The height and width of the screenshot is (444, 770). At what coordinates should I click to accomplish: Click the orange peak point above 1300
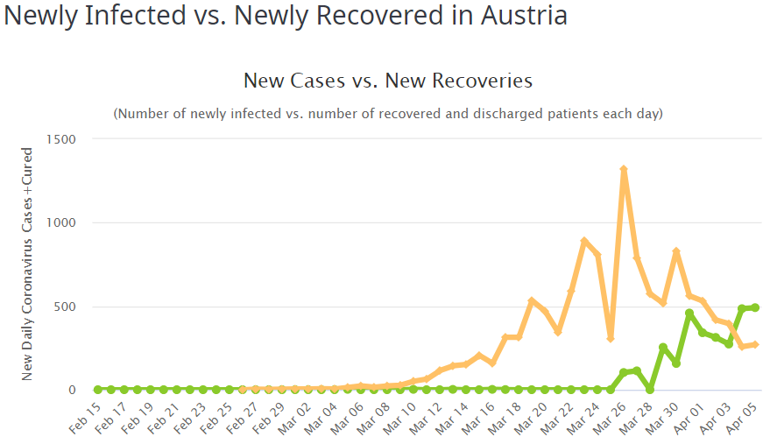[624, 169]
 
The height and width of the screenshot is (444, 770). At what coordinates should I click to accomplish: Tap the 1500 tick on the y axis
[60, 139]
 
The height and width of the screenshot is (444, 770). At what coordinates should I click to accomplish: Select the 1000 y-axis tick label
[60, 222]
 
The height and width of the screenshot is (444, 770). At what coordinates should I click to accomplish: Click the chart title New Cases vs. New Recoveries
[387, 81]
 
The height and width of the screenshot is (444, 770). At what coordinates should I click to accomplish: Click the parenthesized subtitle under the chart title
[387, 114]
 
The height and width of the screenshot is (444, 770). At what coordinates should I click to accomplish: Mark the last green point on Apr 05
[755, 307]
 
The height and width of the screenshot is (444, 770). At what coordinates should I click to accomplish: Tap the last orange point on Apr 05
[755, 344]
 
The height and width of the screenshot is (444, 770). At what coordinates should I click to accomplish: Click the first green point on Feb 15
[98, 390]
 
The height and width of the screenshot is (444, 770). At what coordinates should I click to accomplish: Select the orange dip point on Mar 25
[611, 338]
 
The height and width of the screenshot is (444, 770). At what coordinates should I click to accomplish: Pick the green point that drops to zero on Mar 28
[650, 390]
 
